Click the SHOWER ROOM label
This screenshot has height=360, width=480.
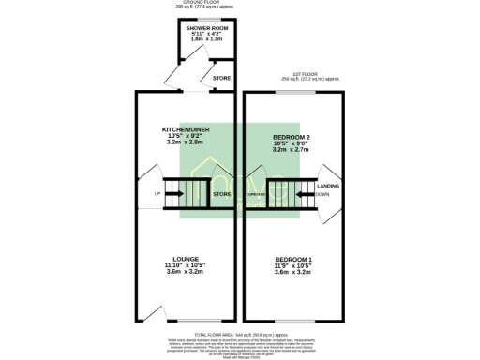pyautogui.click(x=207, y=30)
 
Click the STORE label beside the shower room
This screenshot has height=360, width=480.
pyautogui.click(x=221, y=78)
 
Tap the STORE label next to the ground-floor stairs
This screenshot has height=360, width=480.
pyautogui.click(x=221, y=194)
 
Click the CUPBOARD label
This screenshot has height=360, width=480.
pyautogui.click(x=256, y=194)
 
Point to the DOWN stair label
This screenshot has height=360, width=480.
pyautogui.click(x=322, y=194)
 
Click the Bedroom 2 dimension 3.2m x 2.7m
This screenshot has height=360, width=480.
pyautogui.click(x=290, y=149)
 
